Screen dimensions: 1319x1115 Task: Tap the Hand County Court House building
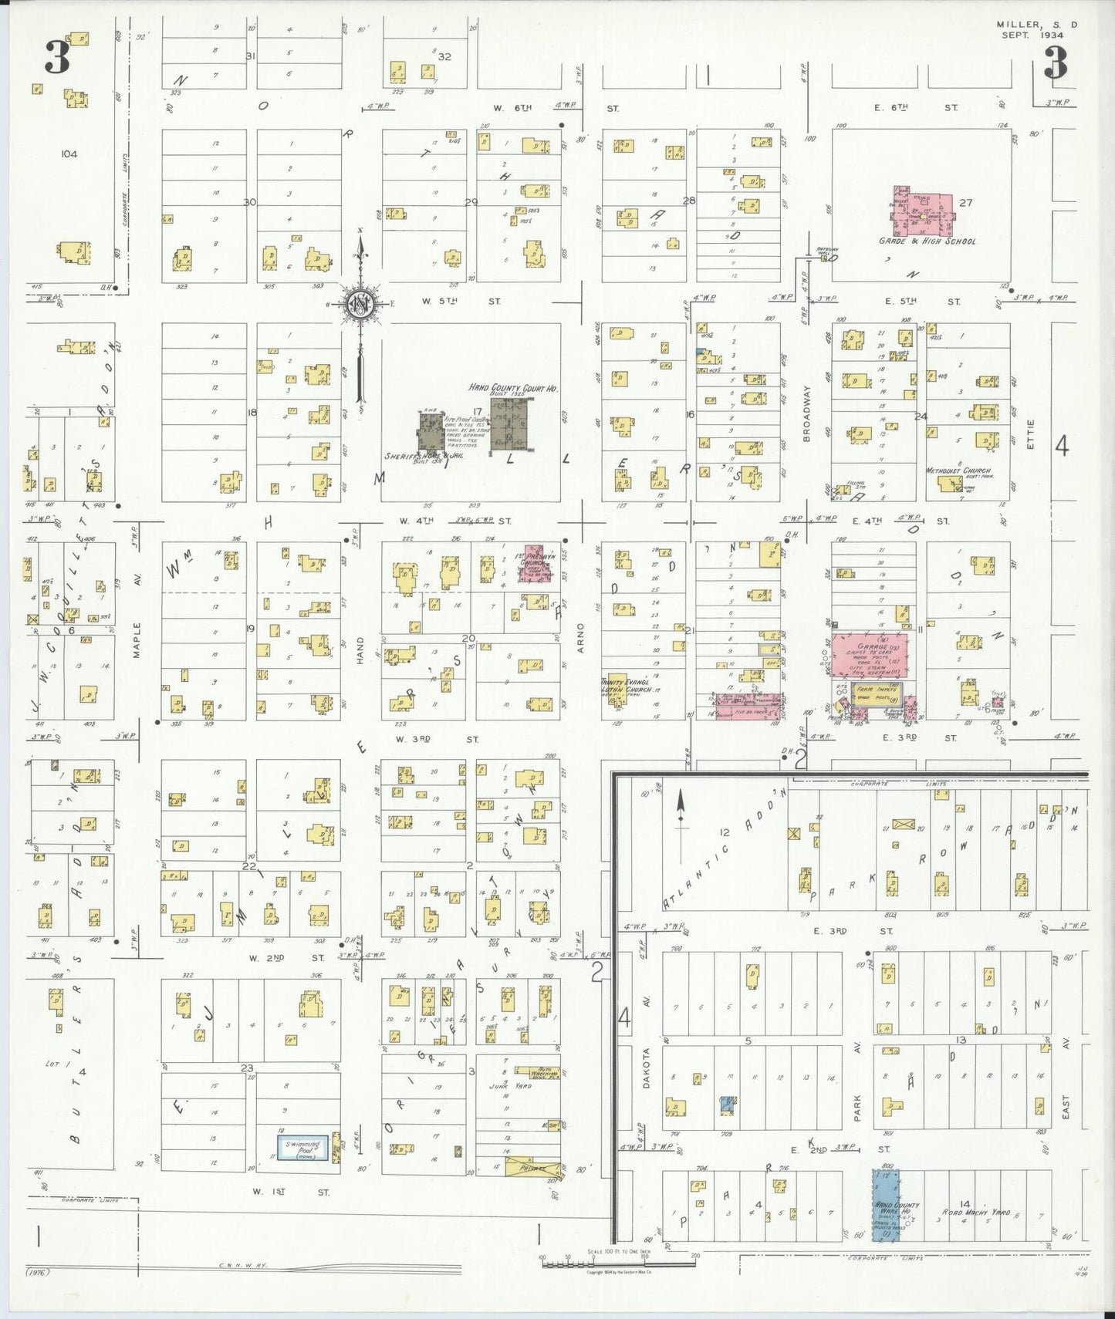pos(509,424)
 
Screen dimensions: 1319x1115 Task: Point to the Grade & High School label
pos(927,241)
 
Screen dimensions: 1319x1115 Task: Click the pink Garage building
pos(870,656)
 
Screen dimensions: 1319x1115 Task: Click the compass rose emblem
pos(359,303)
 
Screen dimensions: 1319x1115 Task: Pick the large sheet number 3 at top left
pos(57,58)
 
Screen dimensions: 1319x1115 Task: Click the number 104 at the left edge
pos(69,154)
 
